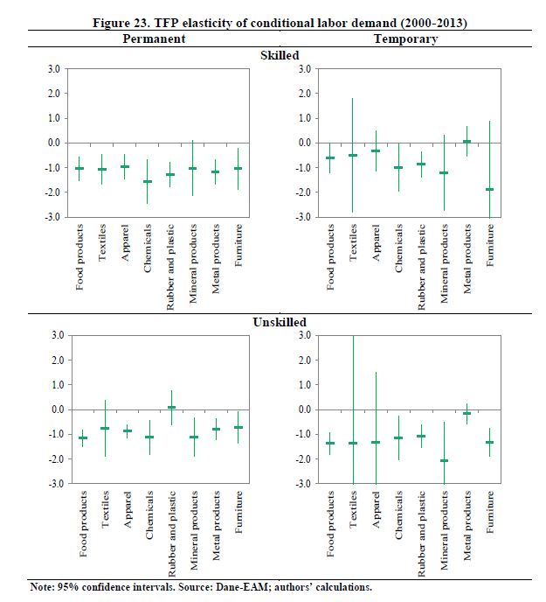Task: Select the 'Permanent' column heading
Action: [153, 39]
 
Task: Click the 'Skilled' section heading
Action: [280, 55]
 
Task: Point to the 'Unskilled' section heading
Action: [280, 322]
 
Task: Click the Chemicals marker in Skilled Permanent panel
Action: [148, 181]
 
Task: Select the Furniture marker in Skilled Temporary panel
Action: [489, 189]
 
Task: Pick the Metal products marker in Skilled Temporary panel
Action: [467, 141]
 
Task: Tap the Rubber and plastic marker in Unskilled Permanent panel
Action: [171, 407]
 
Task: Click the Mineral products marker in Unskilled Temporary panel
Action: [444, 460]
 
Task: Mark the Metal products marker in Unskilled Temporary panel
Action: [467, 413]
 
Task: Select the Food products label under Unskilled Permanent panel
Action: [81, 526]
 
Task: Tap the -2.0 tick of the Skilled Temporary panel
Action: [302, 192]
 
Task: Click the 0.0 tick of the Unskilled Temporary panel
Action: [302, 409]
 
